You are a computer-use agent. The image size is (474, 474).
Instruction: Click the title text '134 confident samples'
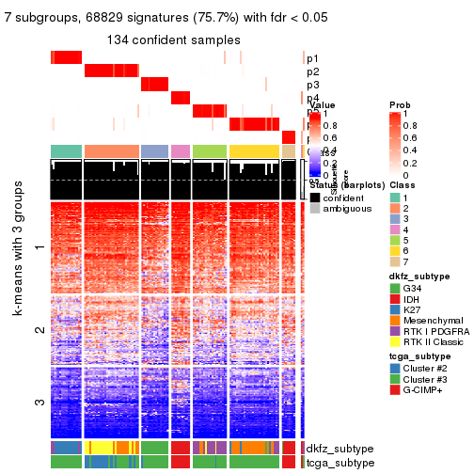pyautogui.click(x=174, y=39)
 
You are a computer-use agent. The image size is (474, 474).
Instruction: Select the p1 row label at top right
pyautogui.click(x=312, y=58)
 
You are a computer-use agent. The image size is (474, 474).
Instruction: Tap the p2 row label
pyautogui.click(x=312, y=72)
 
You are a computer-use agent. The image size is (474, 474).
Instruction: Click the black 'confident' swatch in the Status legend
pyautogui.click(x=315, y=198)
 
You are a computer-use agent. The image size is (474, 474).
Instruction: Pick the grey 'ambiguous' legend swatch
pyautogui.click(x=315, y=212)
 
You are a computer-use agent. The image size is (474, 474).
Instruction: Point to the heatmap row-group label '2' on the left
pyautogui.click(x=39, y=330)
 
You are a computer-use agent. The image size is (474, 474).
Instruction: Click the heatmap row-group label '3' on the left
pyautogui.click(x=39, y=403)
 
